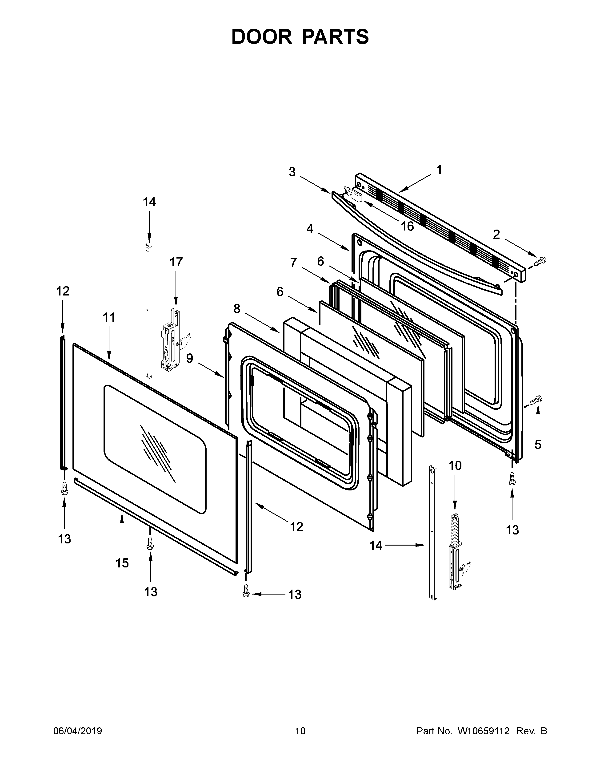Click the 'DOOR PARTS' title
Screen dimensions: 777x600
click(300, 37)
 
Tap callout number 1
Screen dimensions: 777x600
click(439, 170)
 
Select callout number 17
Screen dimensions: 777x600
click(176, 262)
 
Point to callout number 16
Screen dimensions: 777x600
click(407, 226)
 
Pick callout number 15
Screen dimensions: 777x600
click(122, 563)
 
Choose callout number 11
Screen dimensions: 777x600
click(109, 317)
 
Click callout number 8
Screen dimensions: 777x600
click(237, 309)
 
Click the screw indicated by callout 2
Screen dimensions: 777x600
click(540, 262)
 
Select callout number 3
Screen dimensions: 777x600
click(292, 172)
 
